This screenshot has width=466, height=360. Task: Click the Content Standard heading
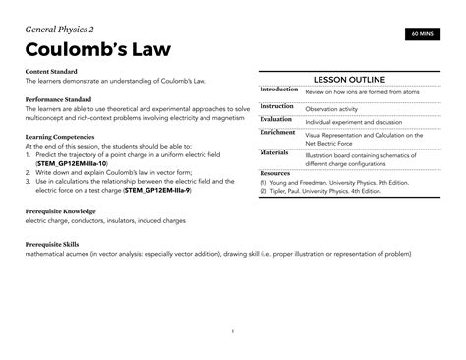[x=55, y=72]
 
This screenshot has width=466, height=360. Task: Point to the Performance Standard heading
[x=61, y=99]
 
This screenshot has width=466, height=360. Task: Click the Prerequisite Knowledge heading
[x=61, y=211]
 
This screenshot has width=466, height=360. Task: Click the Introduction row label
[x=279, y=90]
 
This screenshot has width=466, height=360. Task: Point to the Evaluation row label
[x=276, y=119]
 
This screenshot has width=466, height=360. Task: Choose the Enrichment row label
[x=278, y=132]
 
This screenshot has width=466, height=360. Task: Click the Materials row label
[x=274, y=153]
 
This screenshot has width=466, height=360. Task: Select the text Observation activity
[x=335, y=109]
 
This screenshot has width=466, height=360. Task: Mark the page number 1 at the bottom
[x=232, y=330]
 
